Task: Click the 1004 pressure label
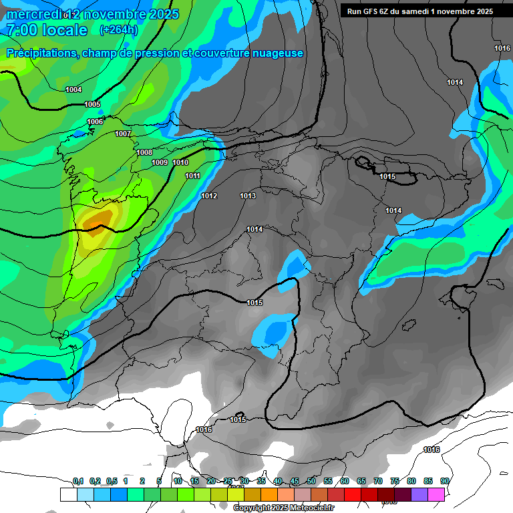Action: pos(73,90)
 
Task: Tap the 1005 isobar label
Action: pos(92,104)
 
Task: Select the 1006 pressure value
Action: pos(95,122)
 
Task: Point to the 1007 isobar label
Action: pos(122,134)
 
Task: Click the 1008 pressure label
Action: pos(144,152)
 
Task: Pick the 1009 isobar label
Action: pos(160,162)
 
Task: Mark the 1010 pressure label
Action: pos(180,162)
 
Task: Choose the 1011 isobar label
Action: pos(193,176)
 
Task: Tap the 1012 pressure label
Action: pos(209,196)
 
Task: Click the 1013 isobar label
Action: pos(248,196)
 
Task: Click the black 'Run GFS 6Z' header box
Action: pos(419,11)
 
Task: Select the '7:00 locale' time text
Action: pos(46,30)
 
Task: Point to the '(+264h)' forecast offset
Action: pos(118,30)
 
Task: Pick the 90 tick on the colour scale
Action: pos(444,481)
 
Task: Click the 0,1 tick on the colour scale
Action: pos(77,481)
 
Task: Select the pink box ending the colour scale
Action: pos(436,494)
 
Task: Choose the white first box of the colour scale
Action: pos(68,494)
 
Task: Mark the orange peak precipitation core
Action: pos(99,218)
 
